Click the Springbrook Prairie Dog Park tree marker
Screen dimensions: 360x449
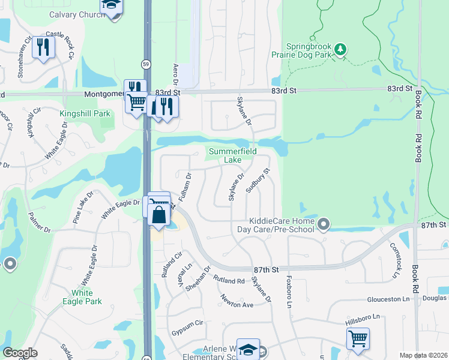pos(341,49)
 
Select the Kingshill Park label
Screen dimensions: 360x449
pos(85,113)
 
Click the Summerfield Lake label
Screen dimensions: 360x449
pos(232,155)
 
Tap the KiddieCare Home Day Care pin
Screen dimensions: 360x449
pos(324,225)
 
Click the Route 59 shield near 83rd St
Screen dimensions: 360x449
pos(146,64)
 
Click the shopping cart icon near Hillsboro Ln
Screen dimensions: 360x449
pos(358,337)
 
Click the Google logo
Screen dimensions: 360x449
pos(20,353)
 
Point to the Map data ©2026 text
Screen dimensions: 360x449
pos(423,355)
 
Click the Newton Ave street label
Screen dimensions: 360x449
pos(237,301)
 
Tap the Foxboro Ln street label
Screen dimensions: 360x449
pos(289,288)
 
